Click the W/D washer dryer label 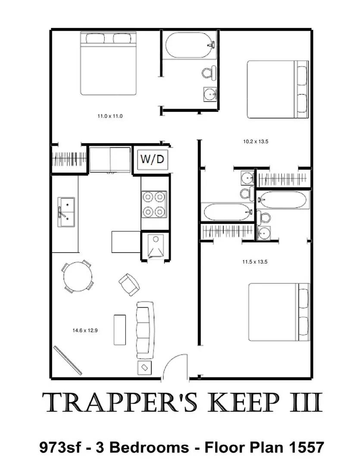point(153,159)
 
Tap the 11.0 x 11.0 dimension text point(107,116)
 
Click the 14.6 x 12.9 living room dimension point(85,331)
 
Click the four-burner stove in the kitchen point(154,204)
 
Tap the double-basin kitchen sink point(66,212)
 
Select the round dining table point(78,276)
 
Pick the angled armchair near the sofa point(129,284)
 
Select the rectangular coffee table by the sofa point(120,330)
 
